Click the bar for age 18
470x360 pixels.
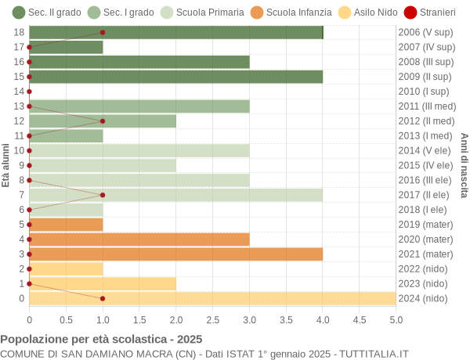176,32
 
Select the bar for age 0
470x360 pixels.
212,298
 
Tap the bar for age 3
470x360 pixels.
176,254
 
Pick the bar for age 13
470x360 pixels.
139,106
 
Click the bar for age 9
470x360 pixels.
103,165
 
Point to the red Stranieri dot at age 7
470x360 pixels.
103,195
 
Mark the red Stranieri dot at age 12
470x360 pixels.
103,121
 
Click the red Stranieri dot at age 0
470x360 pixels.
103,298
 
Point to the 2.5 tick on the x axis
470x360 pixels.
212,319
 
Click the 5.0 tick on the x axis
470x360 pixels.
396,319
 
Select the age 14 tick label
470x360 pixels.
20,91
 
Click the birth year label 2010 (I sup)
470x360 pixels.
424,91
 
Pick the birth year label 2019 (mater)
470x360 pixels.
425,225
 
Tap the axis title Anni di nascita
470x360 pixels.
464,165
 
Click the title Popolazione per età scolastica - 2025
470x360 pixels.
101,340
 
